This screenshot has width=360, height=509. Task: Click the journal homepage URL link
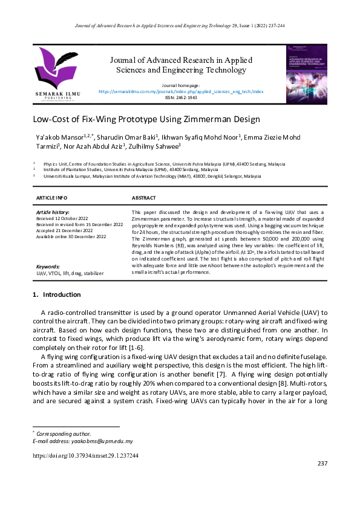(x=181, y=91)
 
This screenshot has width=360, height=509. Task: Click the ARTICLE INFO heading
(x=52, y=198)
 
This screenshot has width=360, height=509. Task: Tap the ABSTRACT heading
(x=143, y=198)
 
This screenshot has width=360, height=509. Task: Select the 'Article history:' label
(x=53, y=213)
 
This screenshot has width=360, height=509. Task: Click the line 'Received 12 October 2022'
(x=62, y=218)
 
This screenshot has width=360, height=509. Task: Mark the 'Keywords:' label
(x=48, y=267)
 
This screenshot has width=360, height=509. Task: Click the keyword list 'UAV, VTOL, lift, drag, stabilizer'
(x=70, y=273)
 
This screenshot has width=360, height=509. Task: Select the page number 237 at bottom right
(x=322, y=464)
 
